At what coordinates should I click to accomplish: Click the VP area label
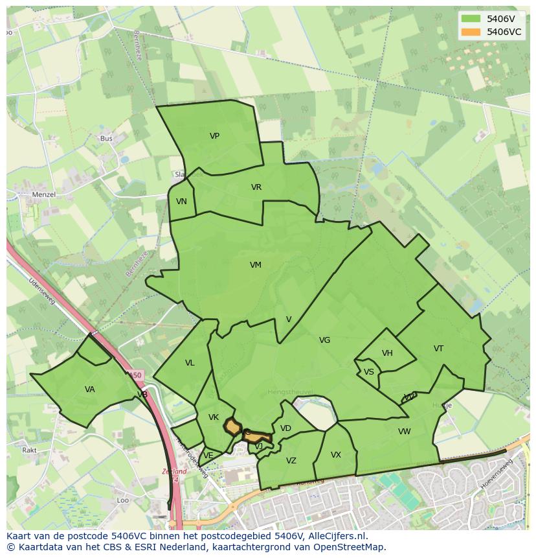pos(214,136)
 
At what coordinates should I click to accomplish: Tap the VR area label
pos(256,187)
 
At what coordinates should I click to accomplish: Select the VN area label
pos(181,202)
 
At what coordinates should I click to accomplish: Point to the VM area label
pos(256,265)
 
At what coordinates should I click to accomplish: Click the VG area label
pos(324,340)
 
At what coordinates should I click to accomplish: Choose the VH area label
pos(387,353)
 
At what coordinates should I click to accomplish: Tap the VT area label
pos(438,349)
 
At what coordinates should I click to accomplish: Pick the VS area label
pos(368,372)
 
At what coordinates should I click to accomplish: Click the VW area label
pos(404,432)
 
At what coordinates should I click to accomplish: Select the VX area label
pos(335,455)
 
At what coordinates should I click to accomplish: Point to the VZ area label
pos(291,461)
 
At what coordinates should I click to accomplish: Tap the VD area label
pos(285,428)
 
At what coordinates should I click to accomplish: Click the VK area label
pos(214,417)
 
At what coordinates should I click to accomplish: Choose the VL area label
pos(190,363)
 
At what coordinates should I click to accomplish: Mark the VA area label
pos(89,389)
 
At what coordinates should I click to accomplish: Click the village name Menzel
pos(44,194)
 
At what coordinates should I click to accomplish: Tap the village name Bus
pos(106,139)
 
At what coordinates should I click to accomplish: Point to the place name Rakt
pos(29,450)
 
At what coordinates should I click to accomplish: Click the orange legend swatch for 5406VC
pos(471,32)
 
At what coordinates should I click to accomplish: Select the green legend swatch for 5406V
pos(471,19)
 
